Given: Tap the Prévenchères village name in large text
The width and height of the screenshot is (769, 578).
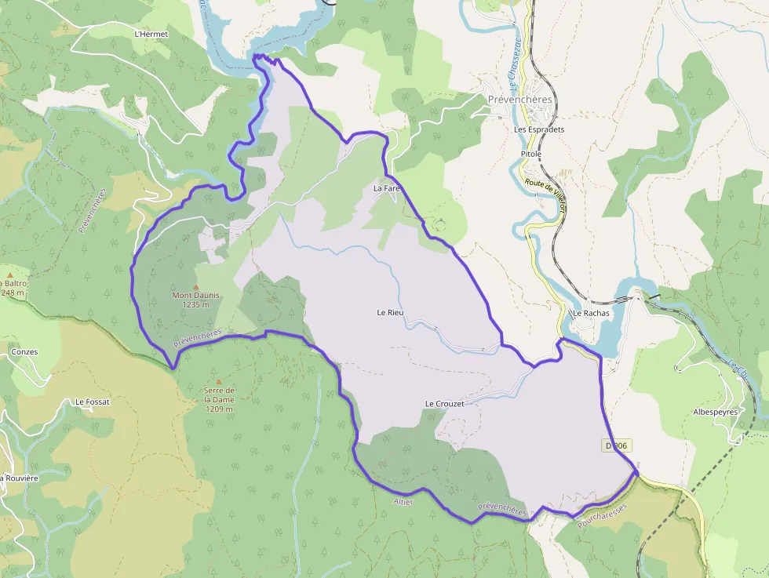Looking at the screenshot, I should pos(520,100).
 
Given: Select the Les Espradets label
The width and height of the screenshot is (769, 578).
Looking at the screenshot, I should pos(539,129).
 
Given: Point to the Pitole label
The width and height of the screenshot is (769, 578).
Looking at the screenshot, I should pos(531,154).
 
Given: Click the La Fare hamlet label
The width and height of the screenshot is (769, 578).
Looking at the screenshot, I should pos(386,189).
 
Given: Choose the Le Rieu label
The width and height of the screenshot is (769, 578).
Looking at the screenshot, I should pos(390,313).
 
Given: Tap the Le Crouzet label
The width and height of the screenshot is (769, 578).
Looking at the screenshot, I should pos(444,404).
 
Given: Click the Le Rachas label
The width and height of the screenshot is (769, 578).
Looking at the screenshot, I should pos(590,313).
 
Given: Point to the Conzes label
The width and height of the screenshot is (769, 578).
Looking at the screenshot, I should pos(24,352).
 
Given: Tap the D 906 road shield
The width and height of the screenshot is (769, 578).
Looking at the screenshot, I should pos(618,445).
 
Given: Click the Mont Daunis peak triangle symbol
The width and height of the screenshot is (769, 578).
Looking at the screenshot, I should pos(196,287).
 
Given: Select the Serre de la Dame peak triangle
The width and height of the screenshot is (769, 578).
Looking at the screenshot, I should pos(219,382).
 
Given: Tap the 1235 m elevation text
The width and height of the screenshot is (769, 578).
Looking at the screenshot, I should pos(195,305).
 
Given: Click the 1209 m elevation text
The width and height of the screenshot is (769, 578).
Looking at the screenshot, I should pos(219,409).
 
